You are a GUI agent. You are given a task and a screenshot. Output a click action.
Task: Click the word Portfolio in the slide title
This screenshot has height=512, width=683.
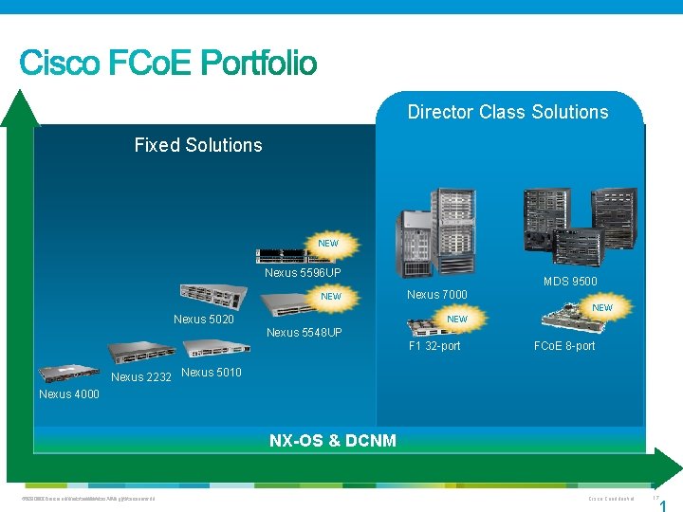tap(259, 64)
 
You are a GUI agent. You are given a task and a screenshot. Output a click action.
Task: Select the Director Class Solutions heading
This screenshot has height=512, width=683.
tap(508, 112)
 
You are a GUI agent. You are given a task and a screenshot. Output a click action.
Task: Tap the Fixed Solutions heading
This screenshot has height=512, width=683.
tap(198, 145)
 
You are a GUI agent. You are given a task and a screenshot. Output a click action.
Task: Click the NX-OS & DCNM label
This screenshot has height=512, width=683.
tap(333, 440)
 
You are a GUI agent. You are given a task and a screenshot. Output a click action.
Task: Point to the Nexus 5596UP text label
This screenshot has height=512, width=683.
tap(303, 273)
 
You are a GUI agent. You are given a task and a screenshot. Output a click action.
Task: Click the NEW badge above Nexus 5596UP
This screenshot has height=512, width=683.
tap(328, 244)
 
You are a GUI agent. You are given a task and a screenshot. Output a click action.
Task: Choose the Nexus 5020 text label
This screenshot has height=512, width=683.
tap(203, 320)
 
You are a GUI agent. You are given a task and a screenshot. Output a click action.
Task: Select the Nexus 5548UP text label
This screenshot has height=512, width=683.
tap(305, 333)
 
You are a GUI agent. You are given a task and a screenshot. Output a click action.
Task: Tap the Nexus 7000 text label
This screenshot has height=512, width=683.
tap(436, 295)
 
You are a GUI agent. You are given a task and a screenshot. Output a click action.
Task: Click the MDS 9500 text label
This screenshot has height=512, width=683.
tap(570, 282)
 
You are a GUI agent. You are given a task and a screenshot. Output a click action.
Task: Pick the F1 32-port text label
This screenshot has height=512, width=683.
tap(434, 346)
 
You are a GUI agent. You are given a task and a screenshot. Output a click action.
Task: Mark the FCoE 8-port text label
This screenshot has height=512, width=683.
tap(564, 346)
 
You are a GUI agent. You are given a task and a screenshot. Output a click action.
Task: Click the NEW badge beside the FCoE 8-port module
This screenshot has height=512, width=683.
tap(602, 307)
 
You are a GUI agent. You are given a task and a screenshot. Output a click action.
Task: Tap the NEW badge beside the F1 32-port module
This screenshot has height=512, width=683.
tap(457, 320)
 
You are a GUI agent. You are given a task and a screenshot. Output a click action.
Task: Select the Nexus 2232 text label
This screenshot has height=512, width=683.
tap(141, 377)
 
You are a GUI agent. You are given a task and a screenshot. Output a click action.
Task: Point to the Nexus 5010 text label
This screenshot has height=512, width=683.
tap(211, 372)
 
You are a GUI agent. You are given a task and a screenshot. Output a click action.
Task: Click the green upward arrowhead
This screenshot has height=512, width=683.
tap(20, 106)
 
